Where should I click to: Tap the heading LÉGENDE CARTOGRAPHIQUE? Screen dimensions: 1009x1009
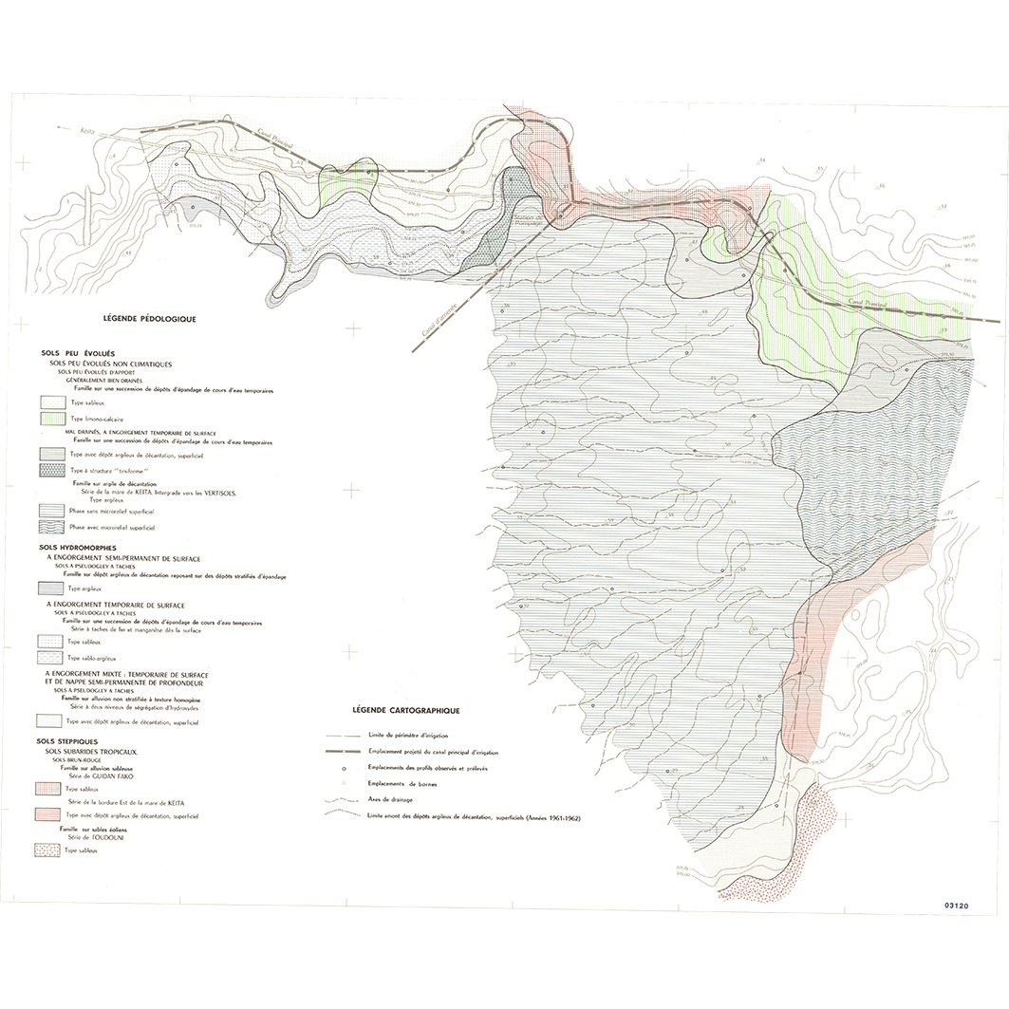pyautogui.click(x=405, y=710)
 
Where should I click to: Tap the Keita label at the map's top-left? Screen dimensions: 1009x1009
pyautogui.click(x=88, y=133)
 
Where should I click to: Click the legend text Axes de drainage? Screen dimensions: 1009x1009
pyautogui.click(x=391, y=800)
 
